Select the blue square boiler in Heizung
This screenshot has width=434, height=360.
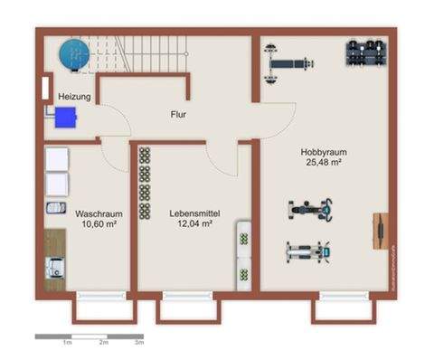tap(64, 116)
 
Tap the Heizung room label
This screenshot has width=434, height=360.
tap(74, 96)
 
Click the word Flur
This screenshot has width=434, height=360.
tap(179, 115)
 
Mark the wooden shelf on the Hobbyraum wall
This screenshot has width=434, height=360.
tap(381, 230)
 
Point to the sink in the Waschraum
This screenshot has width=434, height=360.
tap(56, 208)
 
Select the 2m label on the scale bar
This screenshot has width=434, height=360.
tap(103, 344)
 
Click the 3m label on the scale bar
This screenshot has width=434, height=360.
tap(138, 344)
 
